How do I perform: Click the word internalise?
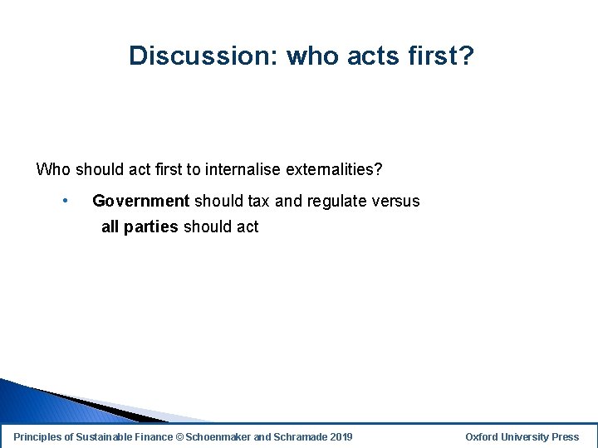tap(243, 170)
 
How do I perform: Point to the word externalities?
tap(334, 170)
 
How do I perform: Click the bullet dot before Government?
tap(65, 201)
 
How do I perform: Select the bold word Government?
tap(141, 201)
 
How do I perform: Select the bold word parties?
tap(151, 226)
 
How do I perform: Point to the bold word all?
tap(110, 226)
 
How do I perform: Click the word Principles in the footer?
tap(38, 436)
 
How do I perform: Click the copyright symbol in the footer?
tap(179, 436)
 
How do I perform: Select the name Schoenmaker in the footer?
tap(218, 436)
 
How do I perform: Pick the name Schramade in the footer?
tap(300, 436)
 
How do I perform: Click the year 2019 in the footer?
tap(341, 436)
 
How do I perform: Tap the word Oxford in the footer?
tap(483, 436)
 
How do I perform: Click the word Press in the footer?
tap(565, 436)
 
